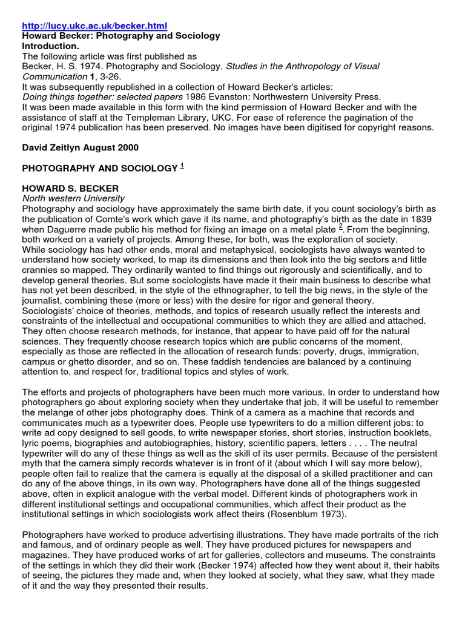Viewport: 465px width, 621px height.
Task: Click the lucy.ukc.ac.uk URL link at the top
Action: [x=94, y=26]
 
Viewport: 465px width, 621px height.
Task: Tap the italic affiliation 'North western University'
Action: [x=73, y=198]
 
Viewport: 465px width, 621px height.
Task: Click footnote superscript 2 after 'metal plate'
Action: [x=341, y=227]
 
